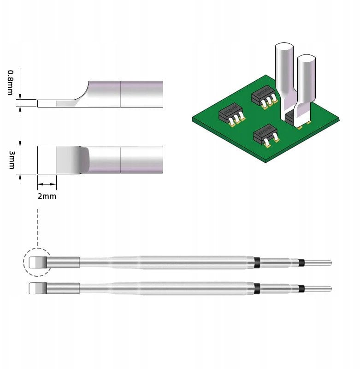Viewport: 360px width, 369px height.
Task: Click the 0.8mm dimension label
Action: pos(10,83)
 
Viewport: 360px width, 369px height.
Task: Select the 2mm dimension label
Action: pos(47,196)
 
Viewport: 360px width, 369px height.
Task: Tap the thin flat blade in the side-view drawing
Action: pos(51,103)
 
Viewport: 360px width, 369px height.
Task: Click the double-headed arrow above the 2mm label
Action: pos(47,184)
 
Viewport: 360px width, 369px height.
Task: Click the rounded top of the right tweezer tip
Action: pos(307,59)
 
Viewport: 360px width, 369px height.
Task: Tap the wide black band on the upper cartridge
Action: pos(257,262)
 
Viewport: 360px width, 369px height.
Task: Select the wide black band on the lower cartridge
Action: pos(257,288)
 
